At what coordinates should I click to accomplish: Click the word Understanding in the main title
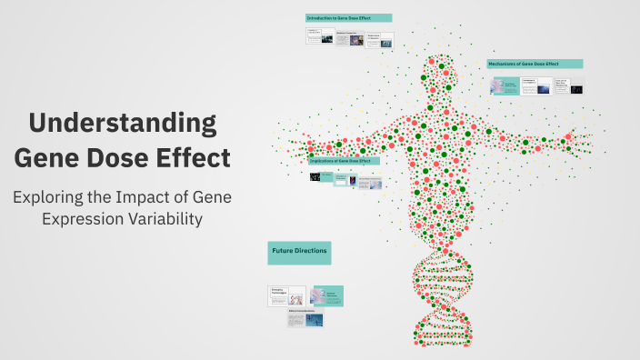122,123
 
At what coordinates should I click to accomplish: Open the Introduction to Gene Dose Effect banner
348,18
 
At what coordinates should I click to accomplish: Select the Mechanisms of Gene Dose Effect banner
535,64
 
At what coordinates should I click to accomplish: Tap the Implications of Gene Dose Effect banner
345,161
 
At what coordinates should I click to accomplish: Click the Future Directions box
299,251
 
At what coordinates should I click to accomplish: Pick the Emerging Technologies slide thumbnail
286,295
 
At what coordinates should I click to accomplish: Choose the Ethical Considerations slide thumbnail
305,318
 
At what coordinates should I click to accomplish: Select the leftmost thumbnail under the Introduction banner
319,36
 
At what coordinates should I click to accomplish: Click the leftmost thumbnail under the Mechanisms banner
503,85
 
